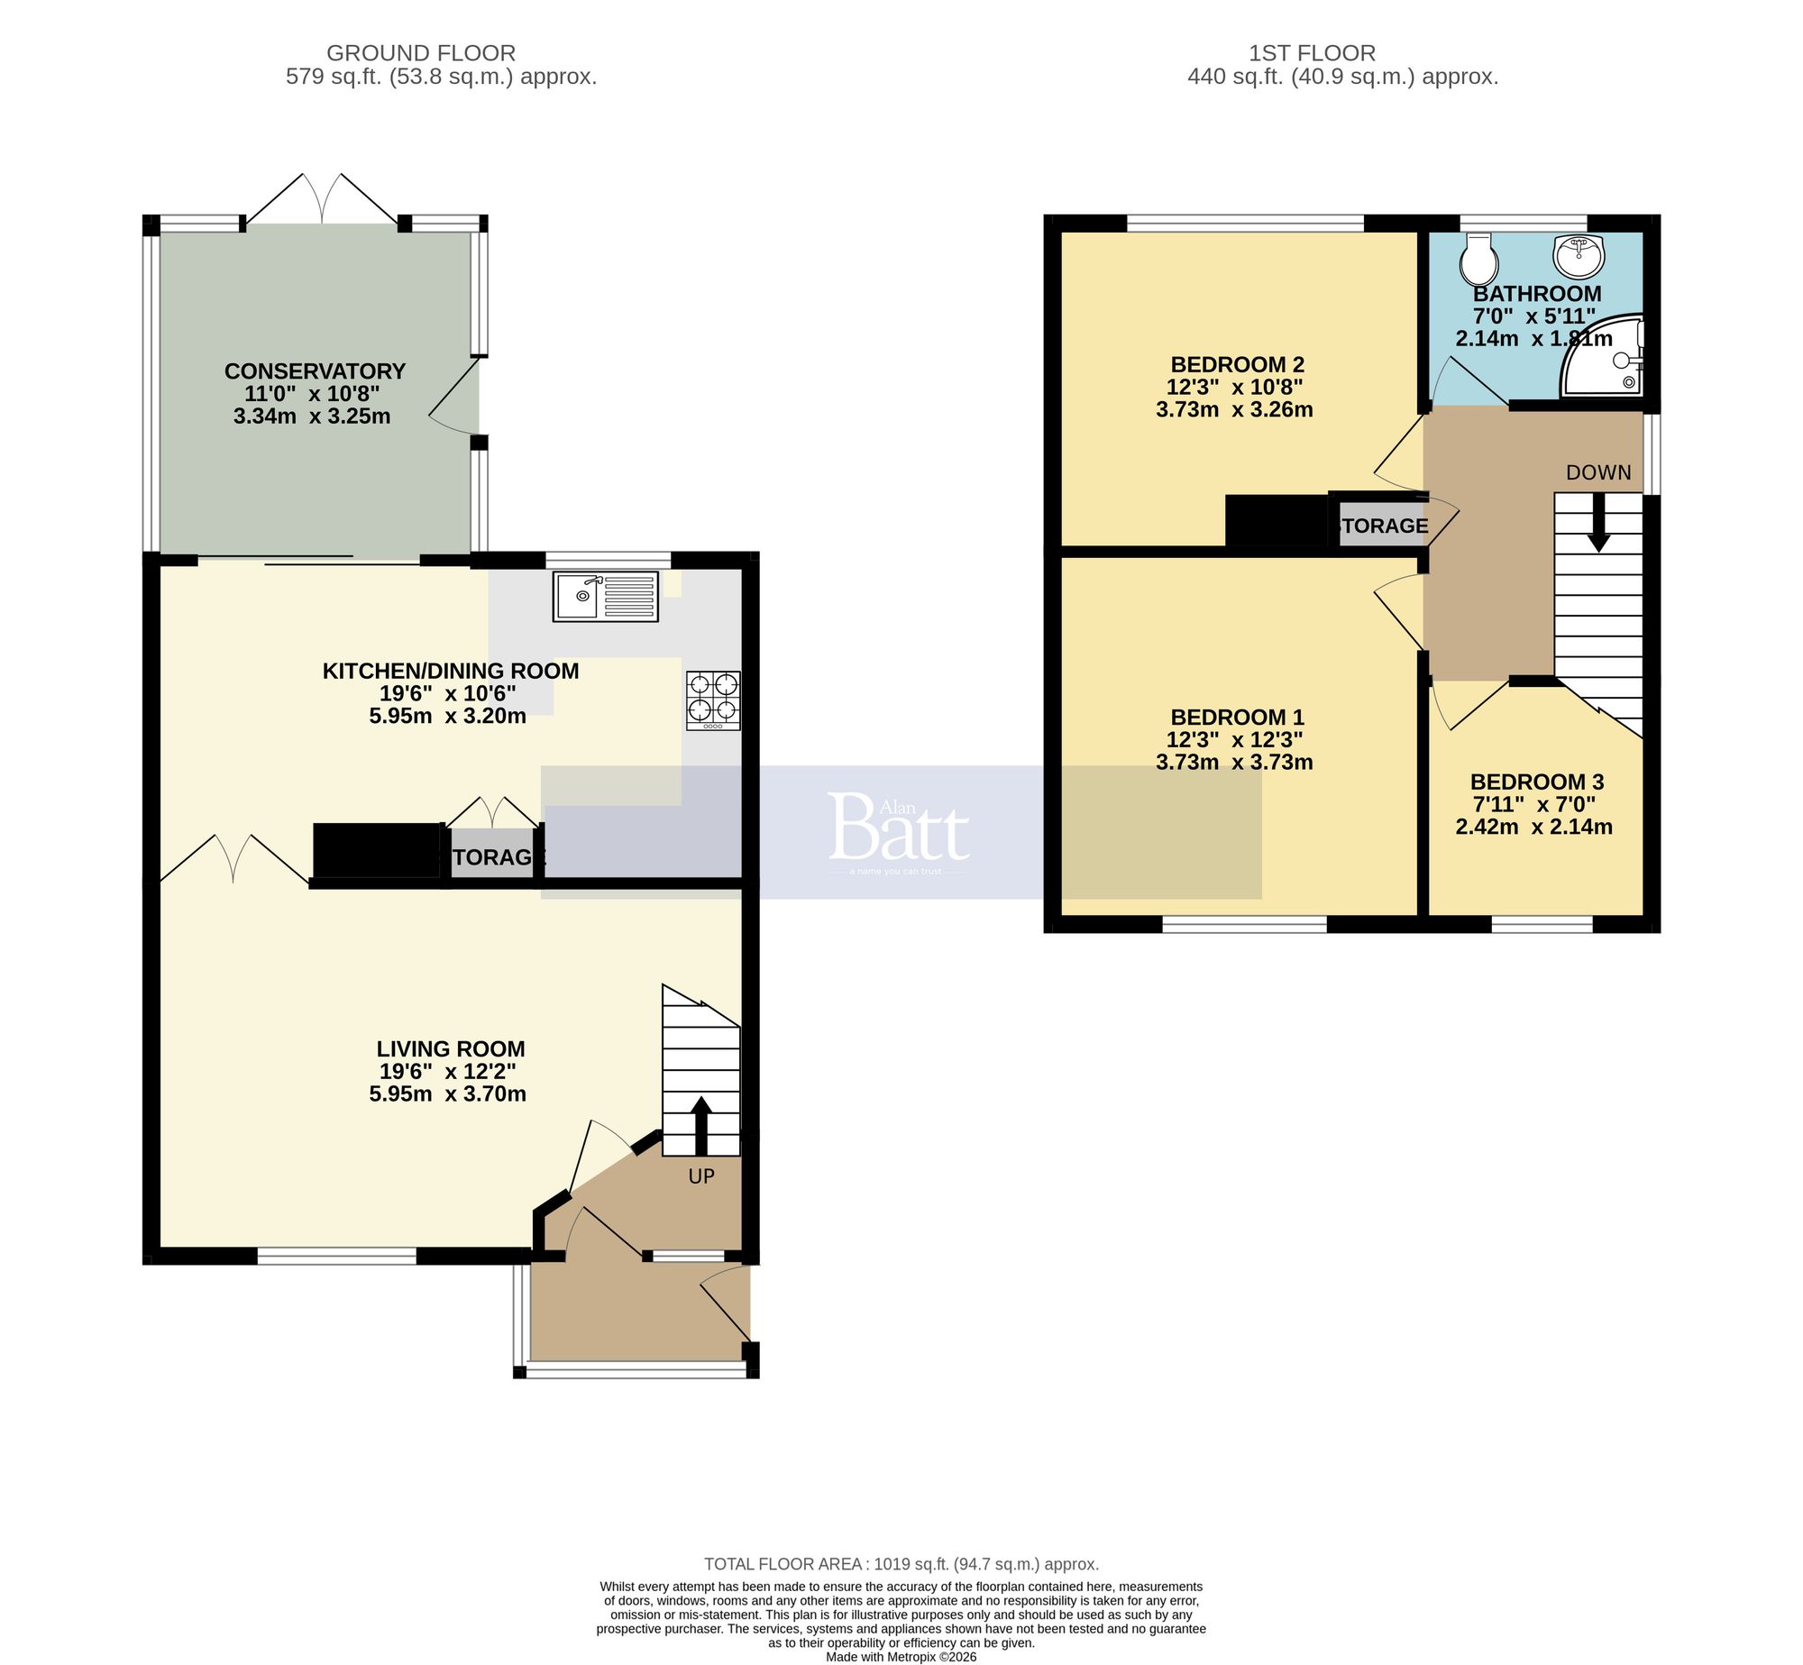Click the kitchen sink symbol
605,596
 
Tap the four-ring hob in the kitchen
713,700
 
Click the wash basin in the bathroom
1579,256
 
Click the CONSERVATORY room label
315,371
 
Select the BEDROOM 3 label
1537,782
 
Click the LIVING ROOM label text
450,1048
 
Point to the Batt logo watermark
898,828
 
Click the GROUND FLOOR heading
421,53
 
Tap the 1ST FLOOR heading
1312,53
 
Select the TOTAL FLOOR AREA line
901,1564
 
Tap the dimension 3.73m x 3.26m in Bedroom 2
1234,409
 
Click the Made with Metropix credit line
901,1657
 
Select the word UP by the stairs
701,1176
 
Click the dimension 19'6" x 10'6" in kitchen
447,693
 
